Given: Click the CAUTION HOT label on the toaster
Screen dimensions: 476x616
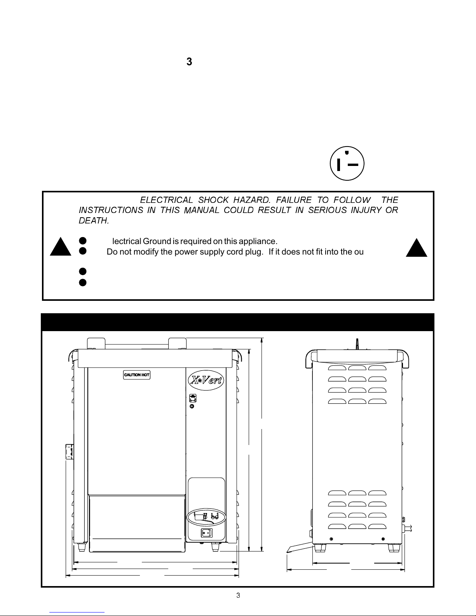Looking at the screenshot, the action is tap(137, 375).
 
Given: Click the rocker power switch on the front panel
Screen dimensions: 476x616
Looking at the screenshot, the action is tap(206, 533).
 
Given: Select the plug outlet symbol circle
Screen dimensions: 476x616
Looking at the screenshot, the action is tap(347, 164).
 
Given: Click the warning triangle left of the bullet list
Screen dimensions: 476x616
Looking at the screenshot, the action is tap(61, 246).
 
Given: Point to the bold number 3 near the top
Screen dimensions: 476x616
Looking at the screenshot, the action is tap(189, 62).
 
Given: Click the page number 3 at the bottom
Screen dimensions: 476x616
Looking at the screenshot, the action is tap(238, 595).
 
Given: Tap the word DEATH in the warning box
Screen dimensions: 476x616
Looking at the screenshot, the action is tap(94, 221).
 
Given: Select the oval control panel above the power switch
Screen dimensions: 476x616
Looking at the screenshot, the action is tap(206, 517).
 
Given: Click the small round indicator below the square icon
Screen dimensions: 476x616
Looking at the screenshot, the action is tap(192, 406).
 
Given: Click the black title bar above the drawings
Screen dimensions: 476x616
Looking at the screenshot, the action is tap(237, 322).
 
